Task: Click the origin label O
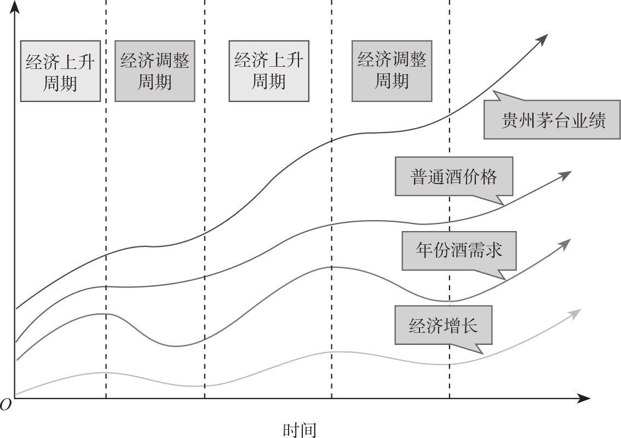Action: [6, 405]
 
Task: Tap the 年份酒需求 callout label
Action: [459, 250]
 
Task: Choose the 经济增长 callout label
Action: [444, 326]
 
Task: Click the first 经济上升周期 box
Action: [60, 71]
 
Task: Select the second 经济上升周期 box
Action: [268, 71]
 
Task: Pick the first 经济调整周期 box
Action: [155, 71]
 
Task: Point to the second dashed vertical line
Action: [204, 164]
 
